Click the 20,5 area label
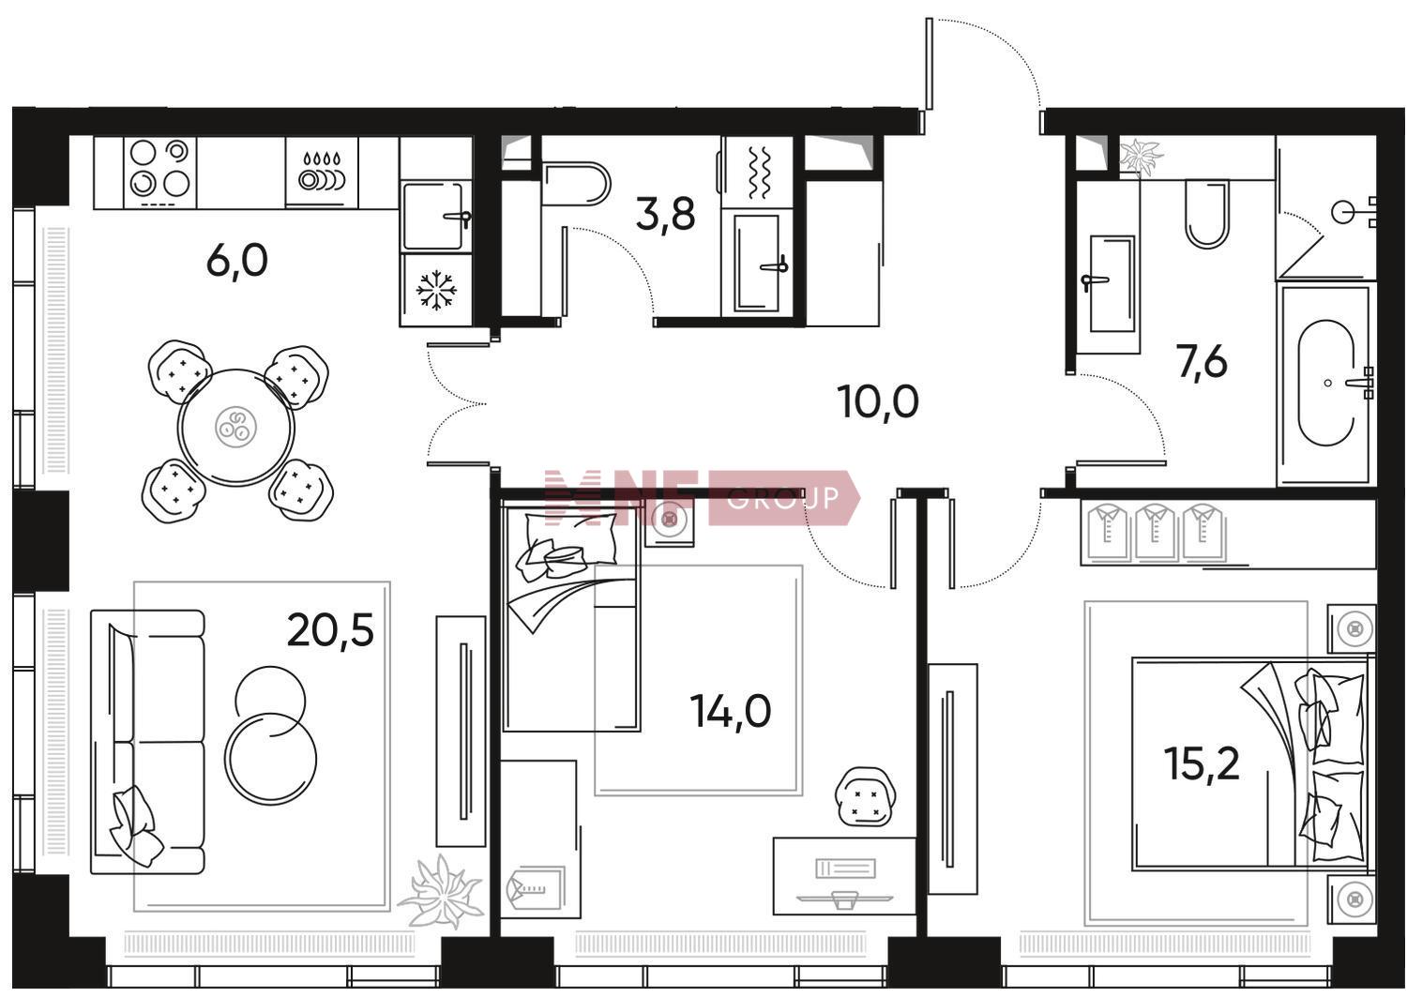point(330,630)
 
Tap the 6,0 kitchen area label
point(236,261)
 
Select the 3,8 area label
point(665,214)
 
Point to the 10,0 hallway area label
point(878,402)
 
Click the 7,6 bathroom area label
point(1203,362)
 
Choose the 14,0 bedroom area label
point(731,711)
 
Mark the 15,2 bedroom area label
point(1202,763)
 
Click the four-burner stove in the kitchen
point(160,173)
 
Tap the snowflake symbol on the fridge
point(436,290)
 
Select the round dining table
point(236,427)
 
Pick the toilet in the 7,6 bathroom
point(1206,214)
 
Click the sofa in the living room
point(148,741)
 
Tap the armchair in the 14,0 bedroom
point(866,796)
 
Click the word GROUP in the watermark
point(782,498)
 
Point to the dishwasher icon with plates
point(322,172)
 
